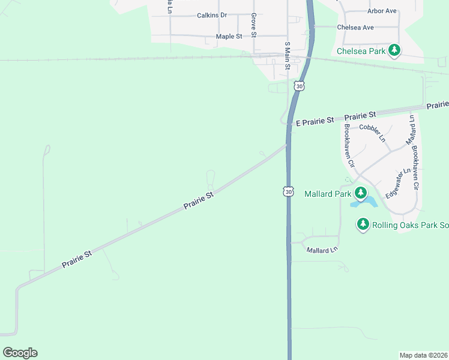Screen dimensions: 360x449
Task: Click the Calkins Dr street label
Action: [x=212, y=15]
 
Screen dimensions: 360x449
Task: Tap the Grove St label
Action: [x=254, y=25]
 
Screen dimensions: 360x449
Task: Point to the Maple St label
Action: [x=229, y=37]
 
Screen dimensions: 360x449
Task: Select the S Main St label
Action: [x=287, y=56]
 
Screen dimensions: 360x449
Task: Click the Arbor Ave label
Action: [x=382, y=11]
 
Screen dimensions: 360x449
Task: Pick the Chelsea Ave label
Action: [x=355, y=28]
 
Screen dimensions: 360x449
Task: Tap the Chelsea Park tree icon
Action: [x=394, y=50]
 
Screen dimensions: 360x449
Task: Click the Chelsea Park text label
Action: [x=361, y=51]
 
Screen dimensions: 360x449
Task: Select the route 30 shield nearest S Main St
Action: [x=300, y=86]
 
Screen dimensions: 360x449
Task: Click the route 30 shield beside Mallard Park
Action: [x=289, y=191]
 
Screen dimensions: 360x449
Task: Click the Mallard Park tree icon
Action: [x=361, y=193]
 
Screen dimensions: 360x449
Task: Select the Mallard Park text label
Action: [x=328, y=194]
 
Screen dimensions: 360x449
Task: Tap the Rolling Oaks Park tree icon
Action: [x=363, y=224]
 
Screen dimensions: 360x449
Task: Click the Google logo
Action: [x=20, y=353]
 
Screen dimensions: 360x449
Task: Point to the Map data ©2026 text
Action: [x=424, y=355]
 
